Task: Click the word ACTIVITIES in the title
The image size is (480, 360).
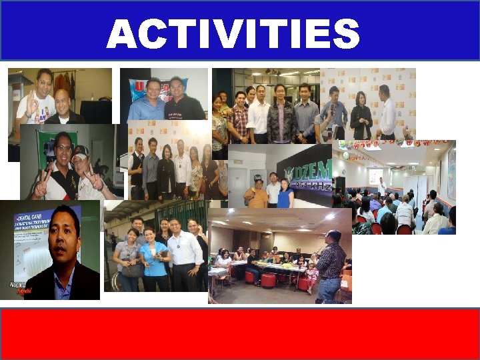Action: coord(233,34)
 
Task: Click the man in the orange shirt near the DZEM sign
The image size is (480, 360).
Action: coord(257,194)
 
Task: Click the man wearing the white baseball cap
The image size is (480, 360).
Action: coord(83,171)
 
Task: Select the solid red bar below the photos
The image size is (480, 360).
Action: coord(239,334)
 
